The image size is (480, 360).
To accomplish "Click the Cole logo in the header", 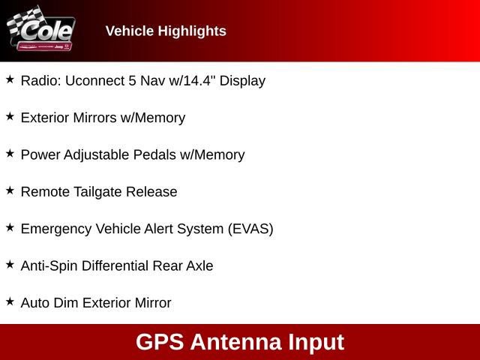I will (40, 30).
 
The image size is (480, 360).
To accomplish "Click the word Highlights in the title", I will (191, 31).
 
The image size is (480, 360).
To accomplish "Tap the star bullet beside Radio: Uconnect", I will (10, 79).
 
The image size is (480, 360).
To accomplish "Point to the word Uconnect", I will (91, 80).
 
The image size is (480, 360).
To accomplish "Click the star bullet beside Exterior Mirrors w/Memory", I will (10, 116).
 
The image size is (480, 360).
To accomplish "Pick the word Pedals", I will (154, 154).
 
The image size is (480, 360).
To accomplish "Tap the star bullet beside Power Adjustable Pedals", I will (10, 153).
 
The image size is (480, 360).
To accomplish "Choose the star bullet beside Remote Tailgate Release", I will (10, 190).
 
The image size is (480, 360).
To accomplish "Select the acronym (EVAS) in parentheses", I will (250, 229).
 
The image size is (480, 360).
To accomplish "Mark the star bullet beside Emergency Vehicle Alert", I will (10, 227).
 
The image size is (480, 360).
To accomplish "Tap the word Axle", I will (199, 265).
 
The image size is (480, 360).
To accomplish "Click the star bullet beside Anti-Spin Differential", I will (10, 264).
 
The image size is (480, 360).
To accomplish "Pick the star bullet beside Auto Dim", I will (10, 301).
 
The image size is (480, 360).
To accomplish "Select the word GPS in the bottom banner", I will (160, 342).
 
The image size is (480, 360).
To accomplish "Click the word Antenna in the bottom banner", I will (235, 342).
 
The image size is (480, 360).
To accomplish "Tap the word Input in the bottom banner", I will (315, 342).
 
